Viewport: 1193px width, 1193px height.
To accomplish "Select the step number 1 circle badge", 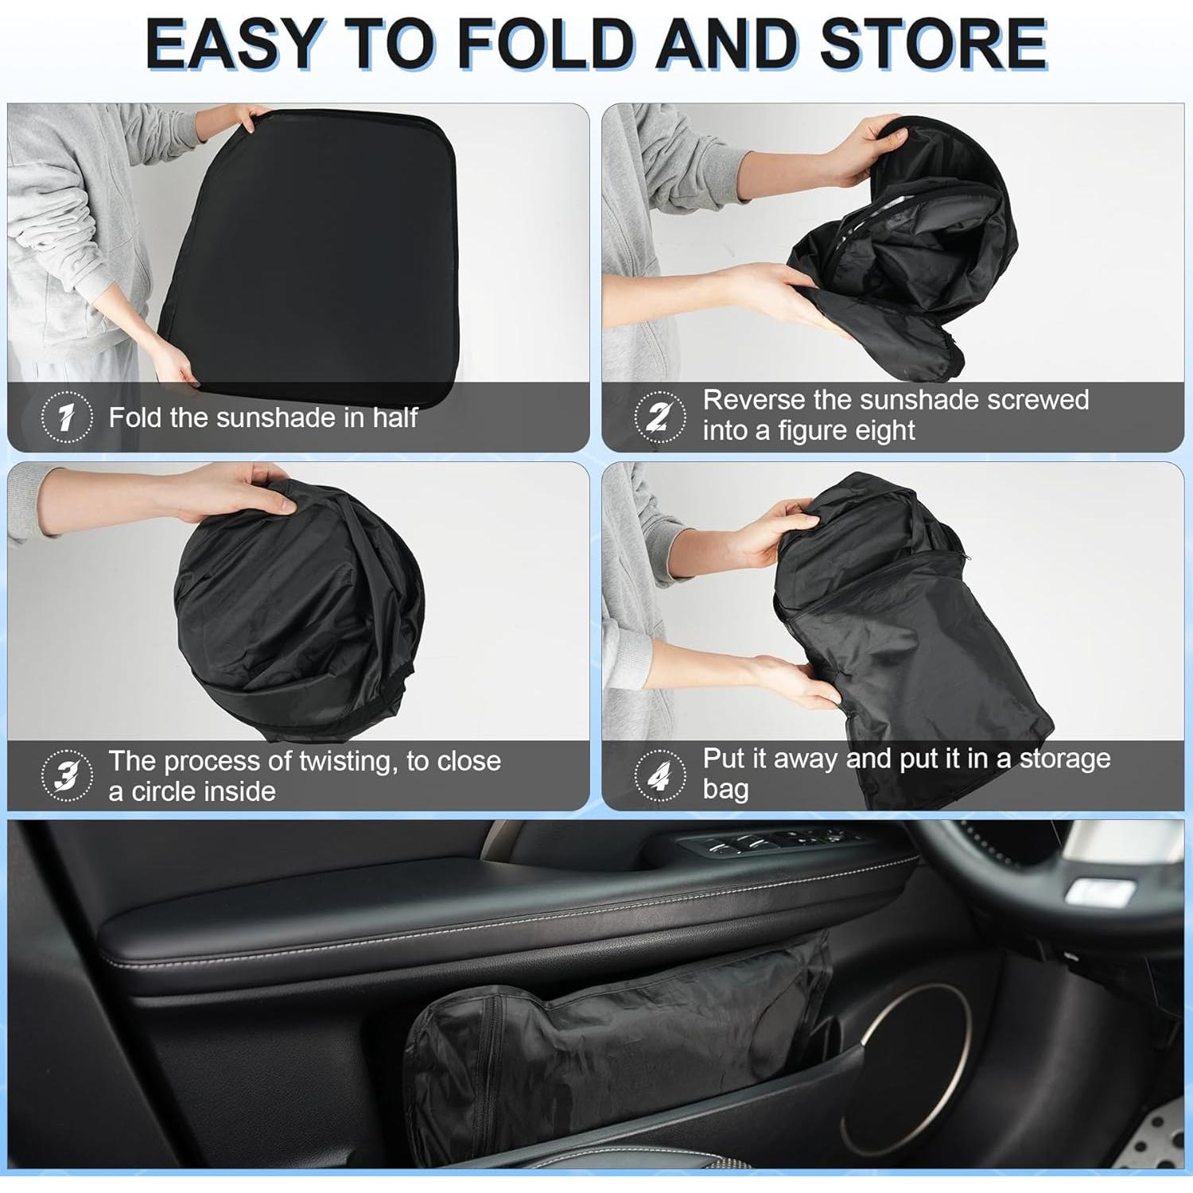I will (x=67, y=417).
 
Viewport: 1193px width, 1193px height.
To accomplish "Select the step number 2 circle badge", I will (x=659, y=416).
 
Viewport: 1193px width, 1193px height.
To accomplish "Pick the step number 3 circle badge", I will (x=67, y=775).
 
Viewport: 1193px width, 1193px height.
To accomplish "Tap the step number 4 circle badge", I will (x=659, y=775).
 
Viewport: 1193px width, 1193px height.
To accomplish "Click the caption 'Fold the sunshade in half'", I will (x=262, y=418).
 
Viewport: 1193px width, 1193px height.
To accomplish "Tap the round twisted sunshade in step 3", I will (x=298, y=612).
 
